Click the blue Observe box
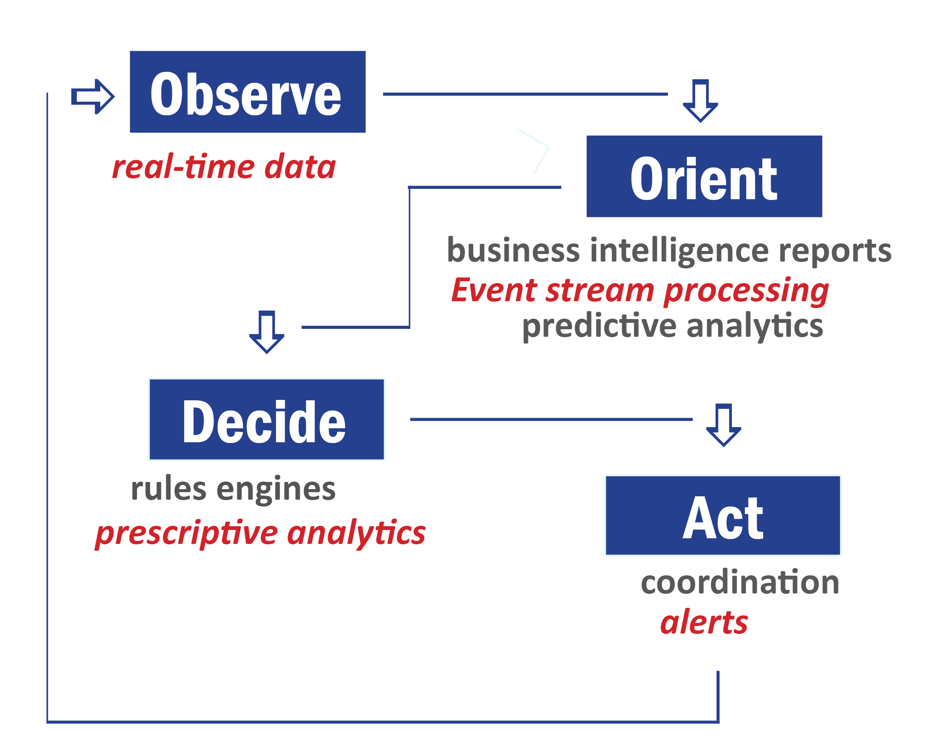pyautogui.click(x=248, y=91)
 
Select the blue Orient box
pyautogui.click(x=704, y=176)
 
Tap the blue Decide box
pyautogui.click(x=266, y=420)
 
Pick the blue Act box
pyautogui.click(x=723, y=515)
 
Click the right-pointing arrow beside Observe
pyautogui.click(x=93, y=96)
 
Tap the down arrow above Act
pyautogui.click(x=723, y=424)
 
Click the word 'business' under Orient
pyautogui.click(x=513, y=250)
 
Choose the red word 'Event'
pyautogui.click(x=494, y=290)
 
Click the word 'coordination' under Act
pyautogui.click(x=740, y=582)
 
